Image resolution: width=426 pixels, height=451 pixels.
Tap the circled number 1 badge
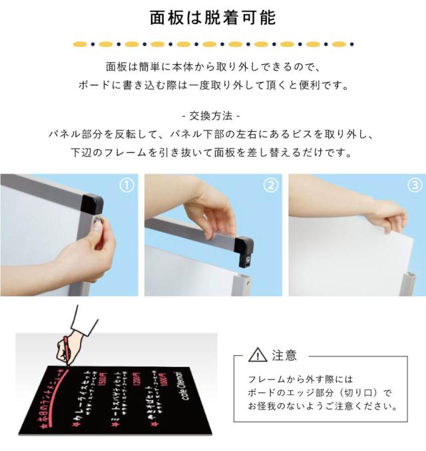[126, 185]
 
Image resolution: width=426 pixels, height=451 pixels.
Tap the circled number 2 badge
[270, 185]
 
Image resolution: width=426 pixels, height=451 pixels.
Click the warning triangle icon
[257, 355]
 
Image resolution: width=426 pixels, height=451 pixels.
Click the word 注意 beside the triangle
[285, 355]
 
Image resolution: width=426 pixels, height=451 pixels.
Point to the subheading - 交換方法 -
[212, 115]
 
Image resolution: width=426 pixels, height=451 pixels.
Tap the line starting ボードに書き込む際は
[212, 85]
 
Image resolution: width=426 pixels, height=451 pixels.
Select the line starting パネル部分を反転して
[212, 133]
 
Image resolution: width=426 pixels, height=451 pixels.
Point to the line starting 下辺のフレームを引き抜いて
[212, 152]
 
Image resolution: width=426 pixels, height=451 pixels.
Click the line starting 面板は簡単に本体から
[212, 67]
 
